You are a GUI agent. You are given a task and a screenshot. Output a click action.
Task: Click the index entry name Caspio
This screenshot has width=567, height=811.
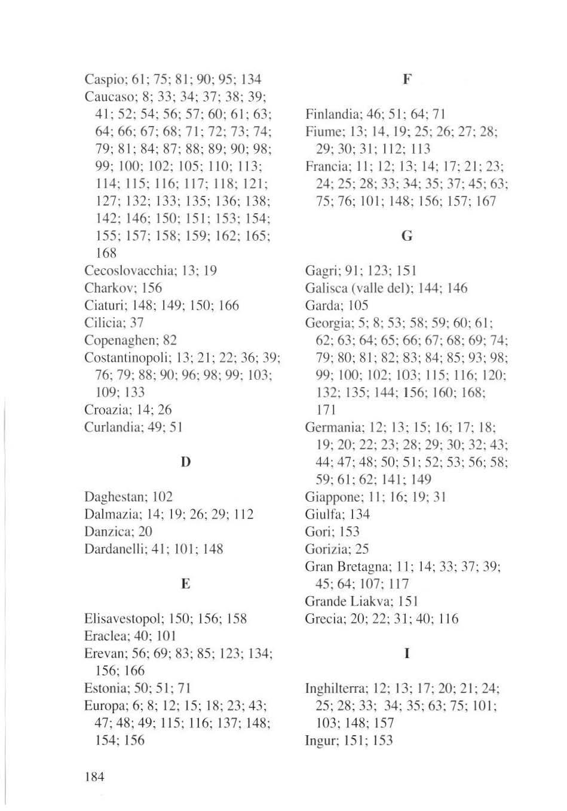coord(102,79)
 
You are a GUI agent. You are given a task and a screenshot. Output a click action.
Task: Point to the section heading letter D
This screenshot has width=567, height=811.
coord(186,462)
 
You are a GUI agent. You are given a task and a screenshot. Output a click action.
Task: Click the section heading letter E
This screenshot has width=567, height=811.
coord(186,583)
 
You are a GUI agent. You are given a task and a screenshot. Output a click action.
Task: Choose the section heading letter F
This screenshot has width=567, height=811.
coord(407,79)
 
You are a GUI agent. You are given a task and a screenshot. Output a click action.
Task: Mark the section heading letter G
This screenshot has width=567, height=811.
coord(407,236)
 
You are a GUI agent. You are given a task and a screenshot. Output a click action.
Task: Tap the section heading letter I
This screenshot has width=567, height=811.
coord(407,653)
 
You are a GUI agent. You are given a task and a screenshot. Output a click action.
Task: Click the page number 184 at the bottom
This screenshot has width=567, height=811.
coord(94,776)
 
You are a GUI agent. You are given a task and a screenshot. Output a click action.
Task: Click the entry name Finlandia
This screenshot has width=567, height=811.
coord(330,114)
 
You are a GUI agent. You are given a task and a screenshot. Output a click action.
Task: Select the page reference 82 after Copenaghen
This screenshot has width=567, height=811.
coord(170,340)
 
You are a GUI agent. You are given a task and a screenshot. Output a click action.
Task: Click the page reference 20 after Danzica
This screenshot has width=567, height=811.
coord(145,532)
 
